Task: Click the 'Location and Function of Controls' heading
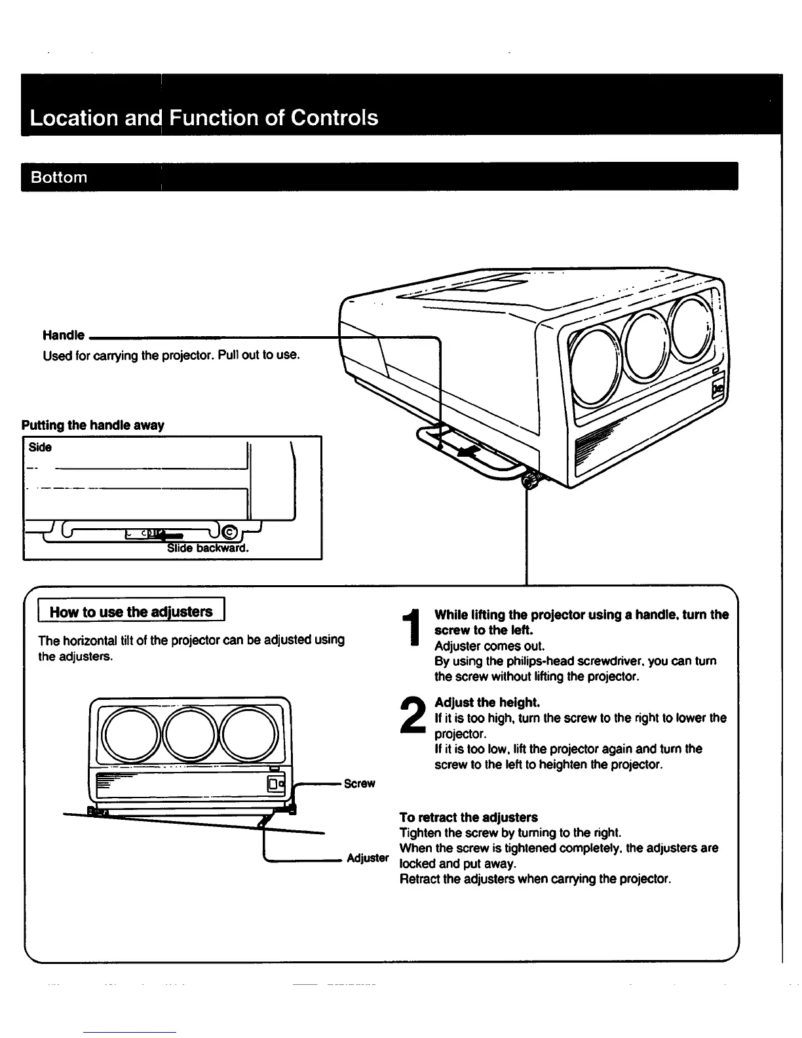[x=204, y=118]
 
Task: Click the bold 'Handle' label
[x=64, y=336]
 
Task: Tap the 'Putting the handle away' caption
[x=93, y=425]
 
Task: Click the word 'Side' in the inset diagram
[x=40, y=448]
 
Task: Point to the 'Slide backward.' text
[x=208, y=548]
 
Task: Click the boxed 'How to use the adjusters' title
[x=131, y=611]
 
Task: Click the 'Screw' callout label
[x=359, y=784]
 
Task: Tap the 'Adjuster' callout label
[x=368, y=858]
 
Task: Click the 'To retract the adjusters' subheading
[x=468, y=817]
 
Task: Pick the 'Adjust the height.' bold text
[x=487, y=702]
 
